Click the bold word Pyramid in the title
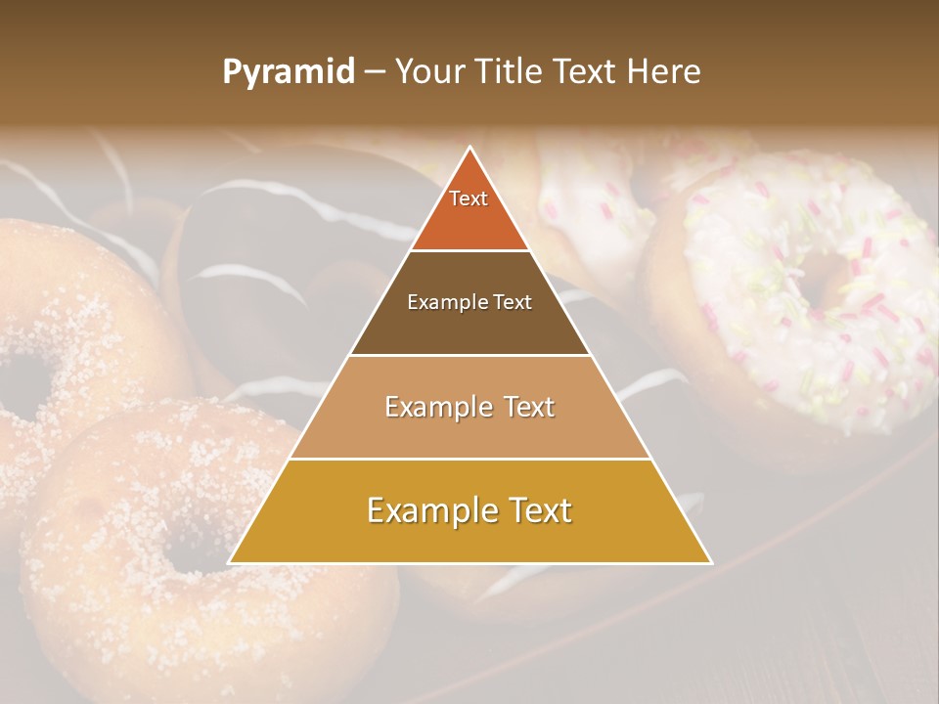pos(289,71)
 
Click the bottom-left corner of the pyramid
pos(231,562)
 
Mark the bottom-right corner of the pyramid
pos(710,562)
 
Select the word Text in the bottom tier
pos(536,510)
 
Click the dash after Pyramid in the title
pos(375,72)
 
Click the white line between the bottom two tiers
pos(470,459)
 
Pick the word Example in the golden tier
pos(418,510)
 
